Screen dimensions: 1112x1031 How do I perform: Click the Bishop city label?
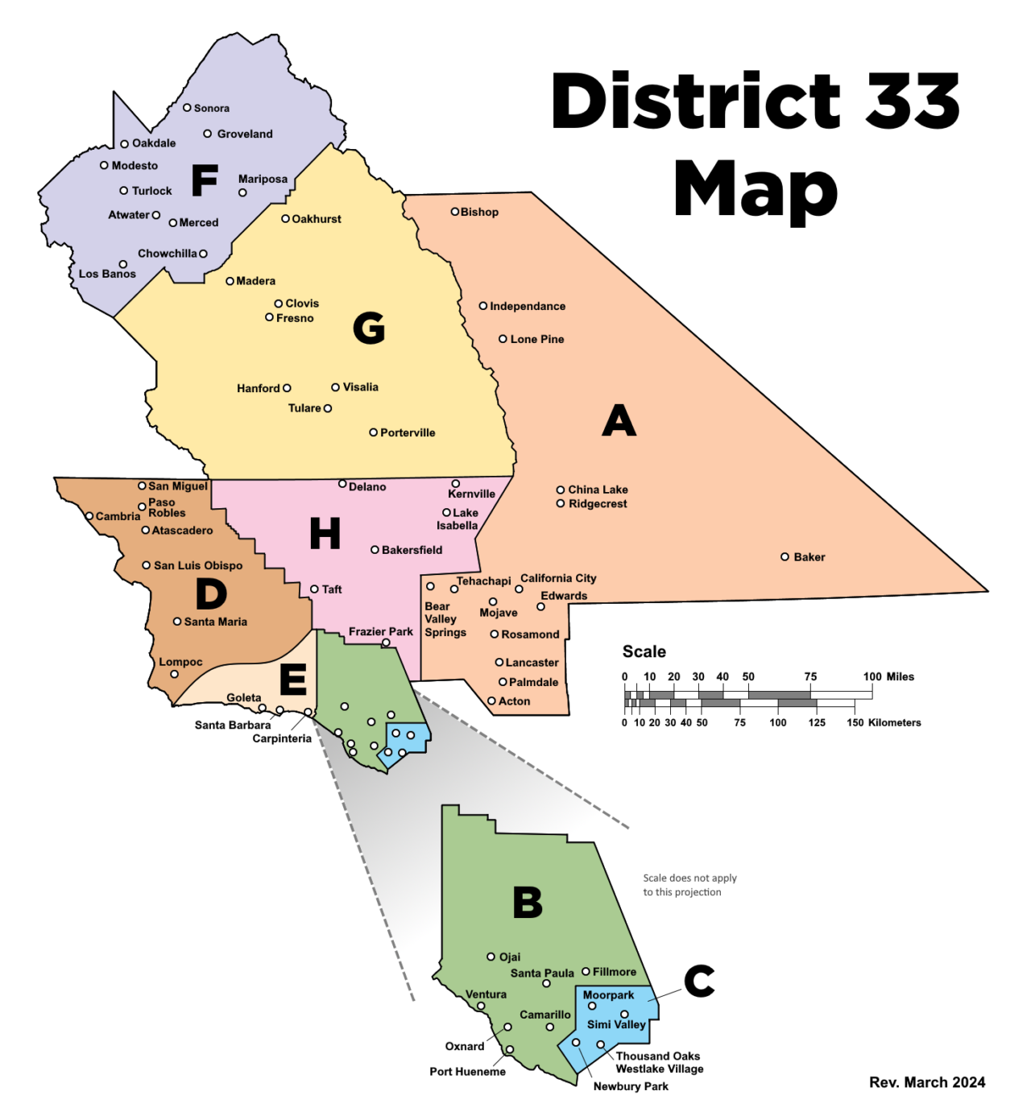pos(479,212)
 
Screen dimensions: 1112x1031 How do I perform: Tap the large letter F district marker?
pos(205,180)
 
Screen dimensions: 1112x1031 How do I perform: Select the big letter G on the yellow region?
pos(369,328)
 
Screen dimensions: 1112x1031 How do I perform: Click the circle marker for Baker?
pos(785,556)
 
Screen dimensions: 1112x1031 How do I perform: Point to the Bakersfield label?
pos(412,550)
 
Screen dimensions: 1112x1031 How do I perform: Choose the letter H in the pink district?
pos(325,533)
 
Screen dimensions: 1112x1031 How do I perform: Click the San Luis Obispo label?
pos(198,565)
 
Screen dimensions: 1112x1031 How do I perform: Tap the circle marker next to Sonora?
pos(187,107)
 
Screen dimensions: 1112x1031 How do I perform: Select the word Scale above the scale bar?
pos(644,651)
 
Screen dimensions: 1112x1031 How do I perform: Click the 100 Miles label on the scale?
pos(888,676)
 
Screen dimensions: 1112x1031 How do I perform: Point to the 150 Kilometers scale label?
pos(884,722)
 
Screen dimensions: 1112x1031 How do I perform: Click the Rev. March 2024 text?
pos(927,1082)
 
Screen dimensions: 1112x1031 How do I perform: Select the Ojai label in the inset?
pos(510,957)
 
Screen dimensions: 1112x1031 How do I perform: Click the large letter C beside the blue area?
pos(699,981)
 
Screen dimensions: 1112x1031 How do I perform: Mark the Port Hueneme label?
pos(467,1072)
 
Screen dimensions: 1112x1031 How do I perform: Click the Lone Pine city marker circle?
pos(503,339)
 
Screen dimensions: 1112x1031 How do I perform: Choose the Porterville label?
pos(408,432)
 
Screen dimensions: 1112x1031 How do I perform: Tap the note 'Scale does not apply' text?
pos(689,878)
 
